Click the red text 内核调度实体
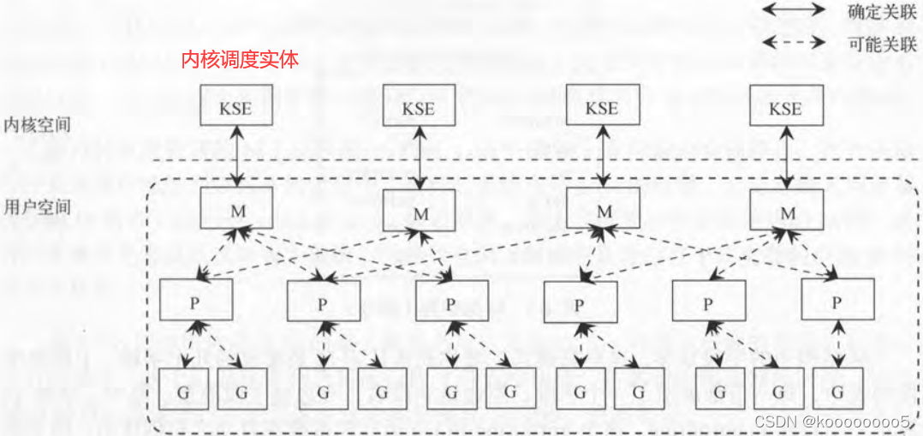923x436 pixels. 240,60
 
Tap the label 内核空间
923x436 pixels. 37,124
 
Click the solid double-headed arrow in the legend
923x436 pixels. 794,11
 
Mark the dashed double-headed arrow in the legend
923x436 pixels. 794,42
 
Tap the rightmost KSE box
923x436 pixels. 785,108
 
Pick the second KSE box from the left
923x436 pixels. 419,108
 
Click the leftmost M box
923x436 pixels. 236,208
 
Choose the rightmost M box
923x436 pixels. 785,209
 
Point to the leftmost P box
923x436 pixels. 195,301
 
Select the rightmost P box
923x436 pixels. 837,302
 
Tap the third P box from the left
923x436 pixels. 451,302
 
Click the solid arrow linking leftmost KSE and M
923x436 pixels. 236,158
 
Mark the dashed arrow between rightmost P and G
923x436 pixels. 837,344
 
